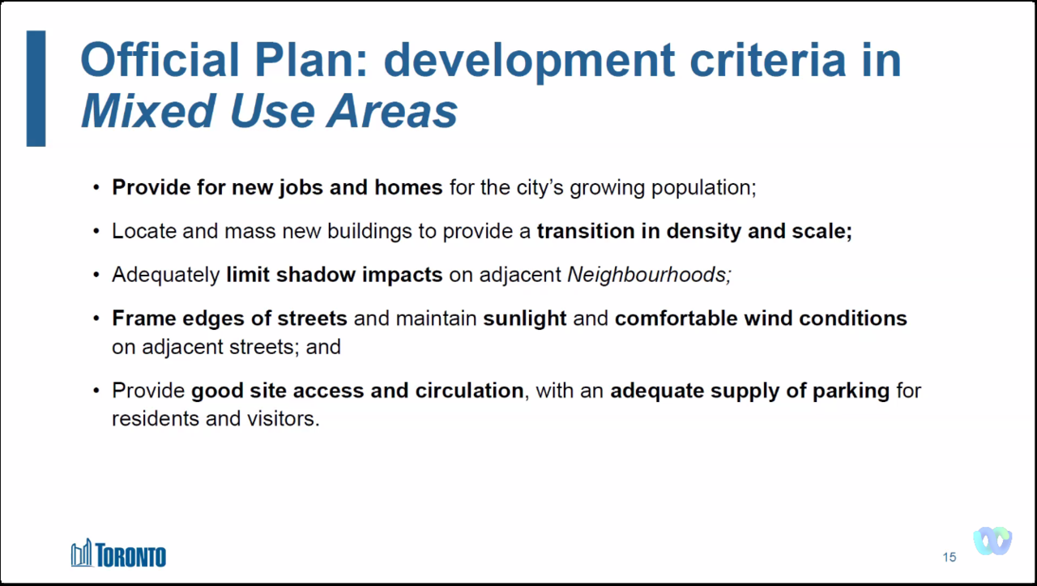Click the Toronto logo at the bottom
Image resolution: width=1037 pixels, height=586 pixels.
click(118, 553)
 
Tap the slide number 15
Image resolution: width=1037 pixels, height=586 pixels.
click(949, 558)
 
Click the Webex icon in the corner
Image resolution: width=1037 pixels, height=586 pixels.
click(992, 541)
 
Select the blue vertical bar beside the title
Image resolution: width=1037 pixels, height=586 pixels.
click(36, 88)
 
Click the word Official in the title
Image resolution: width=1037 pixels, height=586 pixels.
click(160, 60)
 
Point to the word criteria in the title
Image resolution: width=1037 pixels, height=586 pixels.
click(768, 60)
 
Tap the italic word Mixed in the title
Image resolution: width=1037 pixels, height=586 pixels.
click(148, 111)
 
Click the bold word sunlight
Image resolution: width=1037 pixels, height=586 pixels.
click(525, 319)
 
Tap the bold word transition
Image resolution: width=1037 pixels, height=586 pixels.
click(586, 231)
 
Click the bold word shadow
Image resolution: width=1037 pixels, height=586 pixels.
click(316, 275)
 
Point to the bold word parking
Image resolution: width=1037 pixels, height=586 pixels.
click(851, 391)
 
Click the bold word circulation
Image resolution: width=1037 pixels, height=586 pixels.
click(469, 391)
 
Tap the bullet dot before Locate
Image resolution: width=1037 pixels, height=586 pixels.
click(96, 232)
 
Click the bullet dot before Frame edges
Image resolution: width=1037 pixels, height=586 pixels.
click(96, 319)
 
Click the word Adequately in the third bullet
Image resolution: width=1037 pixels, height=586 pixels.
click(166, 276)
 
